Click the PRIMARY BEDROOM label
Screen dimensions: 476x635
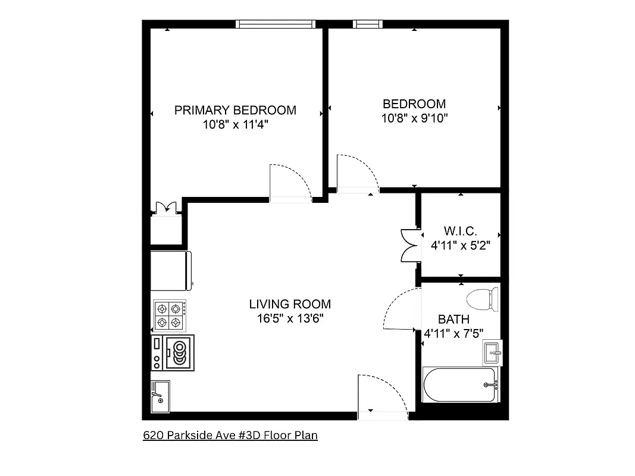pos(235,110)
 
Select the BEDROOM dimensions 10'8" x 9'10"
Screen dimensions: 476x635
pos(414,118)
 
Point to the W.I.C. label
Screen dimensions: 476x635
pos(461,231)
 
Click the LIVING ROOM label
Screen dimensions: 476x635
pos(290,304)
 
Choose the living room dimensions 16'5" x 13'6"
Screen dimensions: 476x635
pos(290,318)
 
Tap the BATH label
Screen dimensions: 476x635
pos(453,320)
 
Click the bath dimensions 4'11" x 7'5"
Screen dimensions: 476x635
pos(453,334)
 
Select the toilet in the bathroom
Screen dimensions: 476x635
pos(483,299)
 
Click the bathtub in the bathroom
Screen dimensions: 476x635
pos(460,385)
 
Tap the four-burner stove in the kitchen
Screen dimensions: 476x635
pos(169,316)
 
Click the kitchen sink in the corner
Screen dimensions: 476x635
pos(160,396)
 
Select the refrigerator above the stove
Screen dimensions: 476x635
pos(171,268)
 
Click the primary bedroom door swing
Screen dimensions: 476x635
pos(290,183)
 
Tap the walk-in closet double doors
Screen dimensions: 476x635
pos(410,245)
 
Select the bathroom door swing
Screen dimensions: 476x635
pos(402,309)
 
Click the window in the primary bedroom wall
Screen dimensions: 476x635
pos(274,24)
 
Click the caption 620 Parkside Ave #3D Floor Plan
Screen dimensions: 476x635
pos(230,436)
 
